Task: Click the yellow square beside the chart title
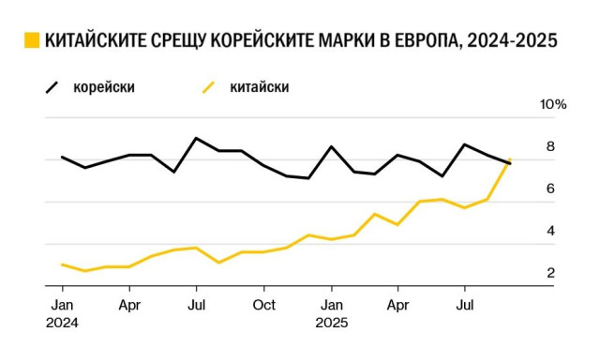pyautogui.click(x=32, y=41)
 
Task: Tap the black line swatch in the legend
pyautogui.click(x=53, y=87)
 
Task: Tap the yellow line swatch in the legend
pyautogui.click(x=209, y=87)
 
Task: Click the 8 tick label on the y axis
pyautogui.click(x=550, y=146)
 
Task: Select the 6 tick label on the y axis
pyautogui.click(x=550, y=189)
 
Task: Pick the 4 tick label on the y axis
pyautogui.click(x=550, y=231)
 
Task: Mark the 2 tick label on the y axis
pyautogui.click(x=550, y=273)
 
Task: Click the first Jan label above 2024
pyautogui.click(x=62, y=305)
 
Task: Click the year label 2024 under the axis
pyautogui.click(x=62, y=323)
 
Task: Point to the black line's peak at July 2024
pyautogui.click(x=196, y=138)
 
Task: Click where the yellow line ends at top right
pyautogui.click(x=509, y=160)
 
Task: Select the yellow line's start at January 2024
pyautogui.click(x=62, y=265)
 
